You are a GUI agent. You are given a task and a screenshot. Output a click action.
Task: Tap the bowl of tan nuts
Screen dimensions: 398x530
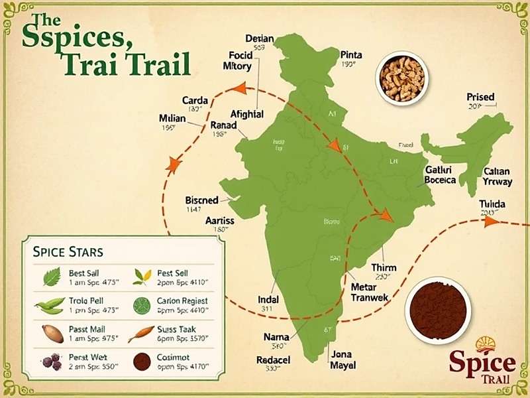click(402, 78)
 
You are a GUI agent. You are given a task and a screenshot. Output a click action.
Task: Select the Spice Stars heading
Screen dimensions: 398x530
click(68, 252)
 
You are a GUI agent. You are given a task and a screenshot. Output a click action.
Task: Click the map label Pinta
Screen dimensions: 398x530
click(351, 55)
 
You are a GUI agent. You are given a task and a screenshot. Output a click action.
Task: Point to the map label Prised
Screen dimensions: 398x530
click(480, 98)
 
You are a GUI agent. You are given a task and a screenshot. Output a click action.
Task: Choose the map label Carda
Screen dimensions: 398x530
click(195, 101)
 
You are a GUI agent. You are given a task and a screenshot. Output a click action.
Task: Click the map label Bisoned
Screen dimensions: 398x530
click(202, 200)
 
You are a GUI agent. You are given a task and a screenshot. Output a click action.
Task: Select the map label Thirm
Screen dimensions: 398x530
click(384, 267)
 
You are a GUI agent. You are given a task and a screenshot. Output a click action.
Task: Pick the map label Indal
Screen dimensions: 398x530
click(268, 299)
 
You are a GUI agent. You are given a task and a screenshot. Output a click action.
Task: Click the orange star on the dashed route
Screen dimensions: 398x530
click(174, 165)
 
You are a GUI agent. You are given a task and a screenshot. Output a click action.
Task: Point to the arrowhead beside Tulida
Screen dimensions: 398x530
click(491, 222)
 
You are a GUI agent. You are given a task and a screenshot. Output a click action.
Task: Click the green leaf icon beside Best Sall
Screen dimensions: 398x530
click(52, 277)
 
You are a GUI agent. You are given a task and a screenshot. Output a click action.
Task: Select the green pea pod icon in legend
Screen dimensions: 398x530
click(50, 306)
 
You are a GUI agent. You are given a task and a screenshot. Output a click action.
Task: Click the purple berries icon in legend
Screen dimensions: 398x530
click(51, 362)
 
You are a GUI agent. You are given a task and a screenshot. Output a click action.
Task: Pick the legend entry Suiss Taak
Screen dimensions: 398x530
click(176, 328)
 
